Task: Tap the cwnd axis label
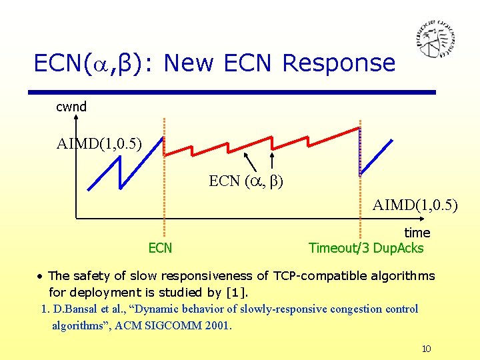[x=71, y=107]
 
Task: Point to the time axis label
[x=417, y=233]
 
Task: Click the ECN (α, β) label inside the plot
[x=246, y=181]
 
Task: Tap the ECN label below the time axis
[x=160, y=248]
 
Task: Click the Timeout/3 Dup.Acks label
[x=366, y=248]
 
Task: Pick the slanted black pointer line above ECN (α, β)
[x=249, y=161]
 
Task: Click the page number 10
[x=427, y=349]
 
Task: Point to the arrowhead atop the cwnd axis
[x=76, y=118]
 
